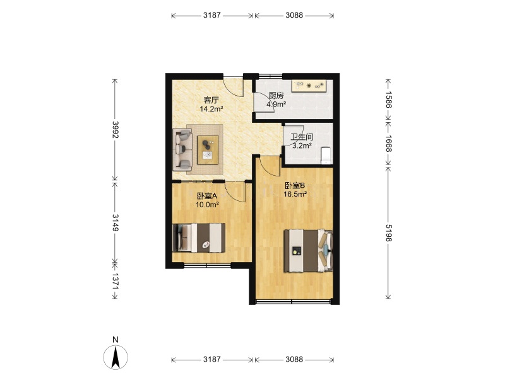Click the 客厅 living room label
point(211,100)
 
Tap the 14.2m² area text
point(211,109)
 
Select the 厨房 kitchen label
point(276,96)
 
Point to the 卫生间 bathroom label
point(302,137)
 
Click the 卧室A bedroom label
point(208,196)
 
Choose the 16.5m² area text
point(295,194)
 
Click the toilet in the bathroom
point(326,156)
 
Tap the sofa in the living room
point(182,149)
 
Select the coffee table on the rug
point(208,150)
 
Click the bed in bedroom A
point(199,238)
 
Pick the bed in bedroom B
point(308,251)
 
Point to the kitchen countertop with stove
point(309,86)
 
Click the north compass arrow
point(116,357)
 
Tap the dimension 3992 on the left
point(116,130)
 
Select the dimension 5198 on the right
point(388,232)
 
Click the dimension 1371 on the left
point(116,281)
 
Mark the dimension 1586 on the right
point(388,100)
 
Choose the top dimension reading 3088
point(294,15)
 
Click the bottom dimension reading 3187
point(212,359)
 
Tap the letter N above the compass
point(116,340)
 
